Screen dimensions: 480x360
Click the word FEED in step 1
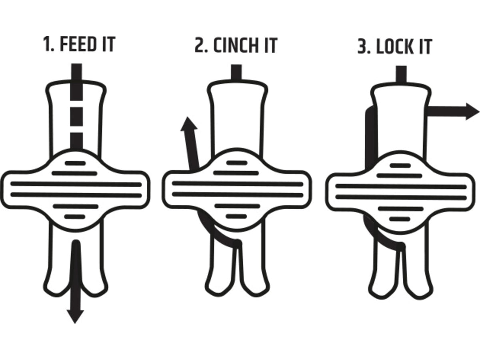point(78,44)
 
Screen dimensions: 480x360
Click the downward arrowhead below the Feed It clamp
point(75,317)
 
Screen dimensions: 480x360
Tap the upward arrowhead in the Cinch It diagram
point(189,124)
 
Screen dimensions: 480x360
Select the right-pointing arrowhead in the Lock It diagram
point(473,112)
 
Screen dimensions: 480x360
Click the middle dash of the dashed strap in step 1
point(76,116)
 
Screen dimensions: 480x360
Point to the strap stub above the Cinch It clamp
point(236,72)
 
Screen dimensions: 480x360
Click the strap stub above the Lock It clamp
point(401,74)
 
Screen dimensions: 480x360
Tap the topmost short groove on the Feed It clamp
point(75,163)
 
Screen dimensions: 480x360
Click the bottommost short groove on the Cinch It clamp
point(236,216)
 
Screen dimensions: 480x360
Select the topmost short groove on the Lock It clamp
point(401,166)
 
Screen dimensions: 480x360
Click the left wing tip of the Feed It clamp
point(2,190)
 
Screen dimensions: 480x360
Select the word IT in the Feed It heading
point(108,44)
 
